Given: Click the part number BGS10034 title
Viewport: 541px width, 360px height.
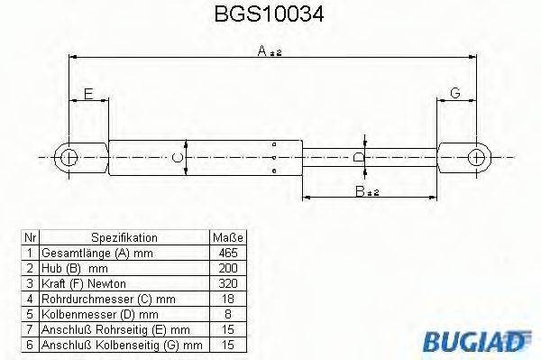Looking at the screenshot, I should pyautogui.click(x=270, y=15).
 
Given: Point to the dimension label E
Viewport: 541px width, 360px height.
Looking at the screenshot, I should pyautogui.click(x=87, y=94).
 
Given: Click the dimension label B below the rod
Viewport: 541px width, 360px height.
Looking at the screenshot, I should pyautogui.click(x=365, y=191).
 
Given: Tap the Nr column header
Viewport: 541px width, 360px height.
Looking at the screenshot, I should pyautogui.click(x=29, y=236).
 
